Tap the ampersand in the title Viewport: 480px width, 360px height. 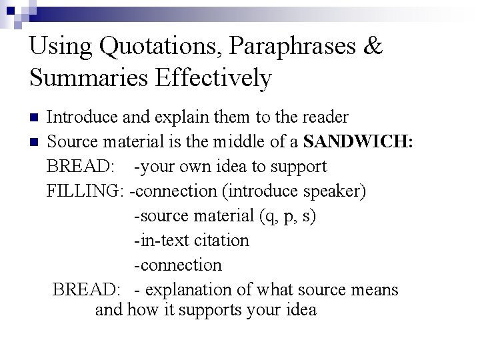[372, 47]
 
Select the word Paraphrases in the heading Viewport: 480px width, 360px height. [283, 47]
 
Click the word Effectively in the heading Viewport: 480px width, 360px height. [213, 79]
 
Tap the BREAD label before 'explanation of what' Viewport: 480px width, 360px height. [86, 290]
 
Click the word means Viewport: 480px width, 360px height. [376, 290]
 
